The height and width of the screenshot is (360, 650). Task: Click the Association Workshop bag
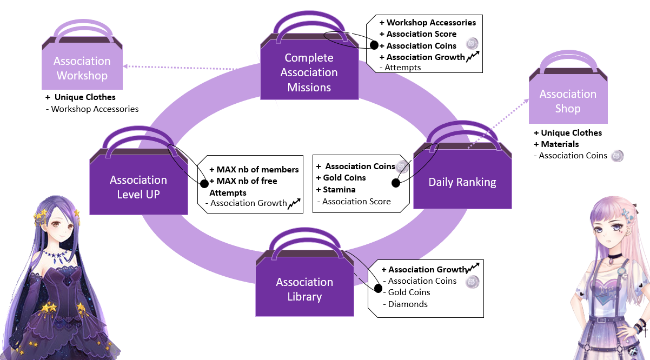[x=82, y=64]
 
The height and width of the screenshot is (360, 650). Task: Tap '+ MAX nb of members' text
[x=254, y=170]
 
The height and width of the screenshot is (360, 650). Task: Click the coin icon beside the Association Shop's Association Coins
[x=617, y=156]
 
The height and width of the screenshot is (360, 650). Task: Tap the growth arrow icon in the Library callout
[x=473, y=267]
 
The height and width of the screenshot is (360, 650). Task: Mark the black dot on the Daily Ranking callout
[x=395, y=183]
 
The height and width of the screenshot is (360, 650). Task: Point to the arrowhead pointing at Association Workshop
[x=125, y=66]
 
